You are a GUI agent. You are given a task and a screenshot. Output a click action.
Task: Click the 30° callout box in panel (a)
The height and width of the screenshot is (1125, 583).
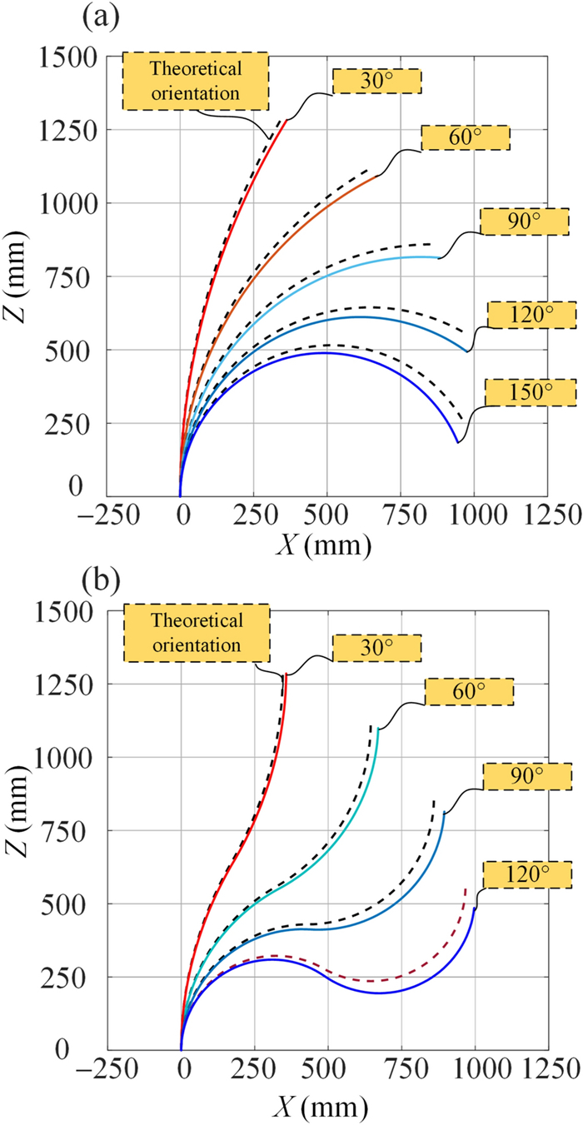[376, 81]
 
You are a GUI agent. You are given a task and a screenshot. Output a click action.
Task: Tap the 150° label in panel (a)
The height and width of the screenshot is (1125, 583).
[530, 391]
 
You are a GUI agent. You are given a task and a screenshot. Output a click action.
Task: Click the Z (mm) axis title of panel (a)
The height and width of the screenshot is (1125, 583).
[22, 270]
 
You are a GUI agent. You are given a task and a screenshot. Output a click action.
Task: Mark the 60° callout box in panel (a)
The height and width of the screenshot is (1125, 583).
[465, 137]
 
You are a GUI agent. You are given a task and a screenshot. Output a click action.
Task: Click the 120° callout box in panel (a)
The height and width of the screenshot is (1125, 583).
[531, 314]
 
